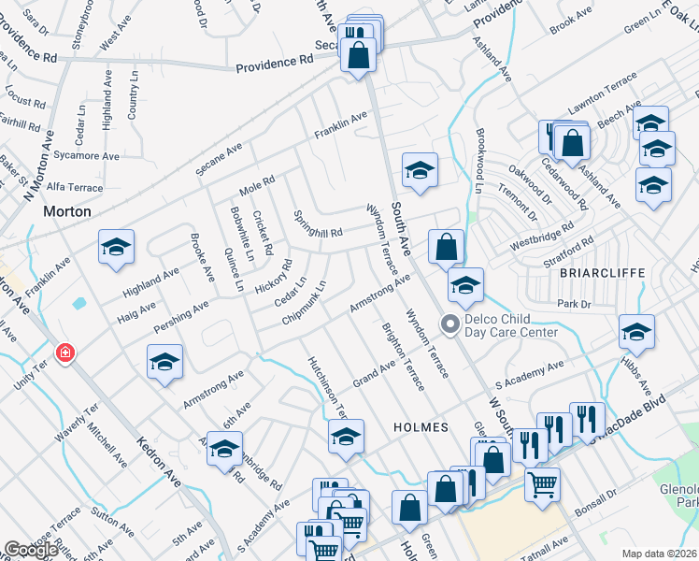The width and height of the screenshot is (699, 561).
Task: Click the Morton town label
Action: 68,212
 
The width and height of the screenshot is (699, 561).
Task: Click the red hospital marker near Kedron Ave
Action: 64,354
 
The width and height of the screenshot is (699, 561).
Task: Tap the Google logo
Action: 31,550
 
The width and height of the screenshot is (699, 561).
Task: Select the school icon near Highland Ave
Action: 117,248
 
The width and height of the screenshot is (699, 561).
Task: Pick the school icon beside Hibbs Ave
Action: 636,332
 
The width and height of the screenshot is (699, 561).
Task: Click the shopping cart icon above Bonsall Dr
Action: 542,483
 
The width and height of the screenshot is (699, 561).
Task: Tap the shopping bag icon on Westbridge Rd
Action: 448,248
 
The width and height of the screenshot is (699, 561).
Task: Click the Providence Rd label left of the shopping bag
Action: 274,65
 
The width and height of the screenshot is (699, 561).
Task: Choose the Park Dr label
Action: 575,304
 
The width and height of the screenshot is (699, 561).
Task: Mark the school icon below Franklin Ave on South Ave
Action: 420,171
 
